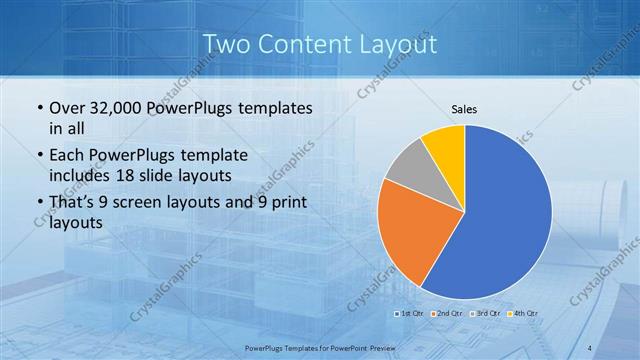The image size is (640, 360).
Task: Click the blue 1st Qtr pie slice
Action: (505, 220)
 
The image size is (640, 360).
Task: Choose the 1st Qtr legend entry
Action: (410, 313)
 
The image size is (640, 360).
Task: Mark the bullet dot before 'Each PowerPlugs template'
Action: (39, 156)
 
